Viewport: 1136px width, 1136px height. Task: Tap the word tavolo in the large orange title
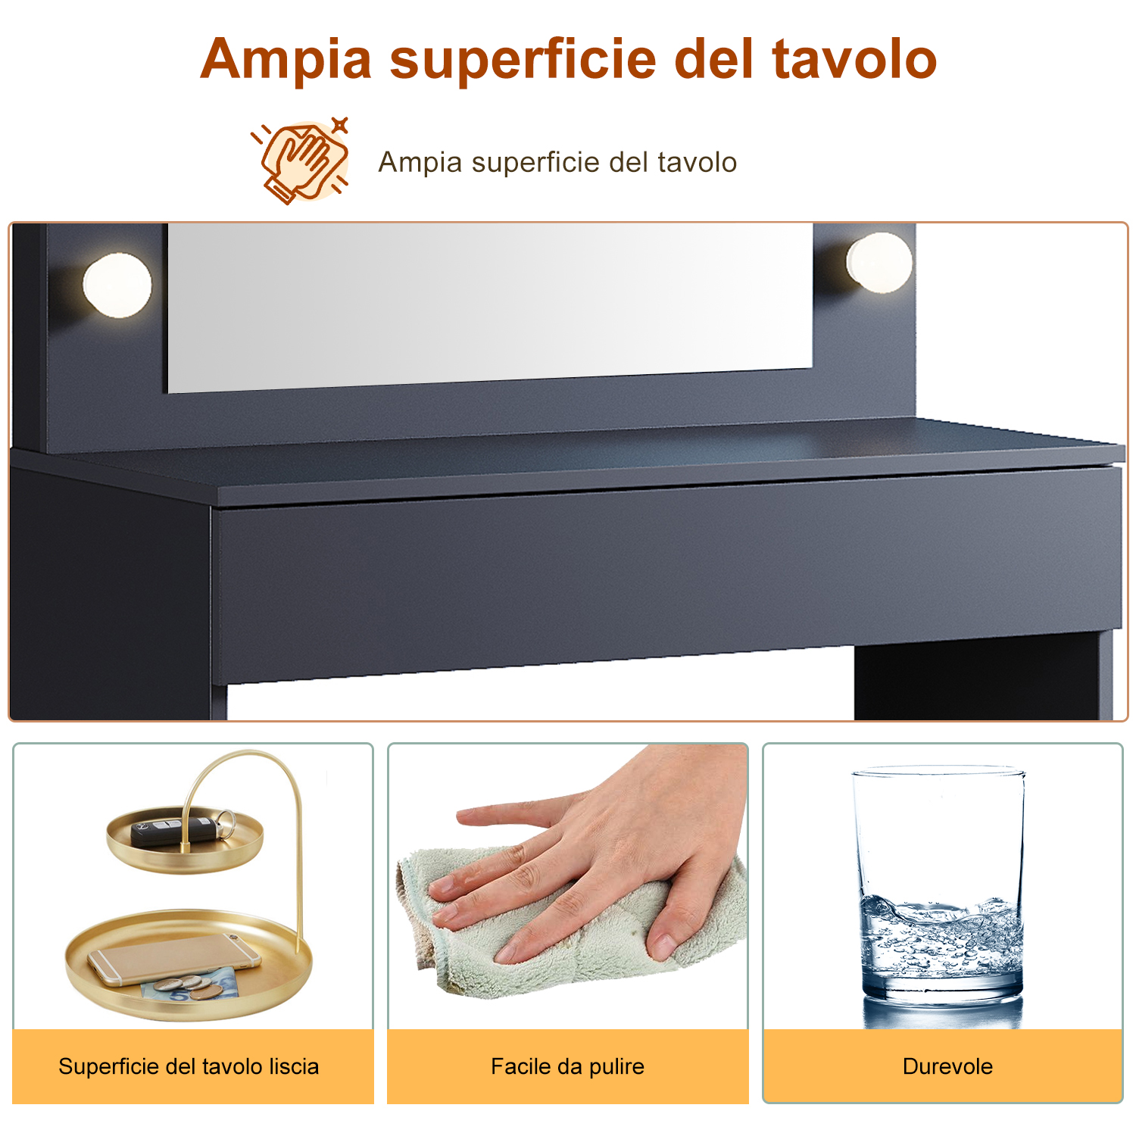click(x=855, y=59)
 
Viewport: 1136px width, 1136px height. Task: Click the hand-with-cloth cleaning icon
click(x=301, y=161)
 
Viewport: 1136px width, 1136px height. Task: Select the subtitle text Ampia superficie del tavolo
click(x=557, y=162)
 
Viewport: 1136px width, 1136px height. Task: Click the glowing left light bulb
click(x=117, y=286)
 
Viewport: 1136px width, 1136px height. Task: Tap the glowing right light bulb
click(x=879, y=263)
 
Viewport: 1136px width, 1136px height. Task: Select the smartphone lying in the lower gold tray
click(x=174, y=960)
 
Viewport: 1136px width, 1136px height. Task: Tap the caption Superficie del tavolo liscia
click(x=189, y=1066)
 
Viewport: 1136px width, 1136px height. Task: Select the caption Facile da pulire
click(x=567, y=1066)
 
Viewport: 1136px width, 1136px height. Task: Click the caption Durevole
click(x=947, y=1066)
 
